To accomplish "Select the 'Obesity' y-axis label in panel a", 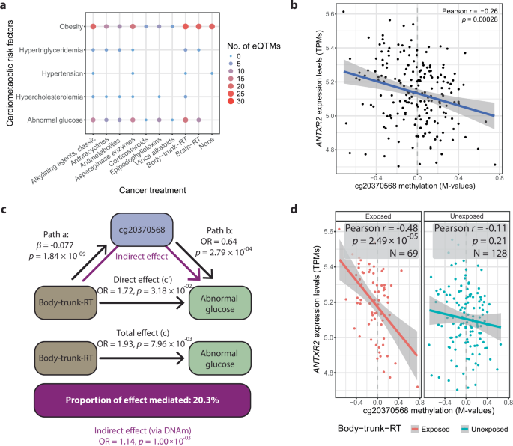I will [68, 27].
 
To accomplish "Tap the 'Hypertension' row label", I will [59, 73].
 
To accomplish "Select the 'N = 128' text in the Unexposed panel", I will [470, 254].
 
